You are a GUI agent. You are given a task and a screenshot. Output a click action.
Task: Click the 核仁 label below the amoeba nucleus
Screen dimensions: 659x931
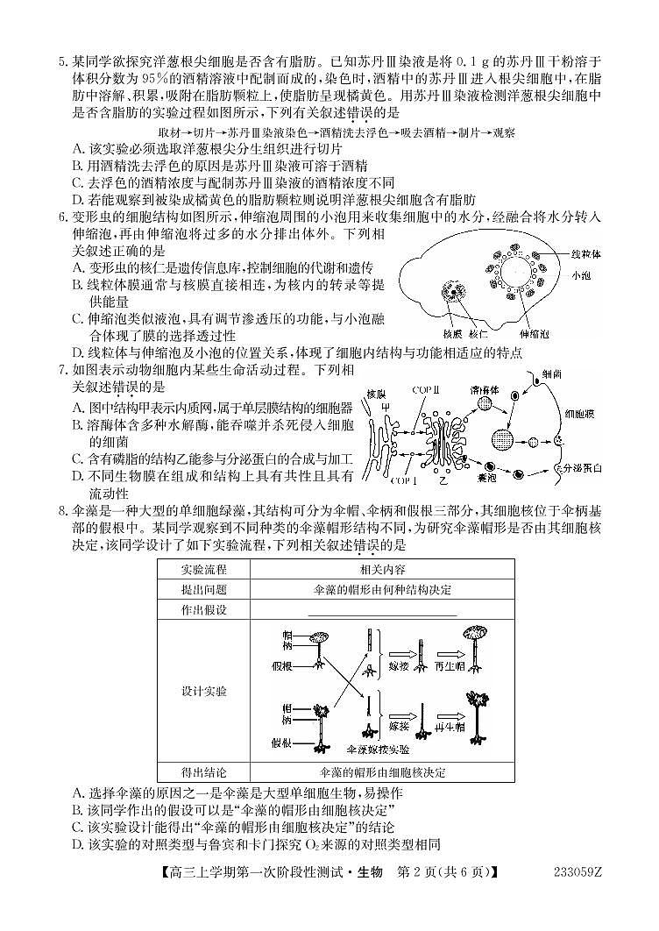478,334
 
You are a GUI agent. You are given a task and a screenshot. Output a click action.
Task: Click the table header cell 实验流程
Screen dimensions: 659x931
202,568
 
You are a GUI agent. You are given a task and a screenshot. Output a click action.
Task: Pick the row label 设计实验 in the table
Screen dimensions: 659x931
202,692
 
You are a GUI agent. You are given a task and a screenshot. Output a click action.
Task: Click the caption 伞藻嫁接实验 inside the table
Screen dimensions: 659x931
379,750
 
